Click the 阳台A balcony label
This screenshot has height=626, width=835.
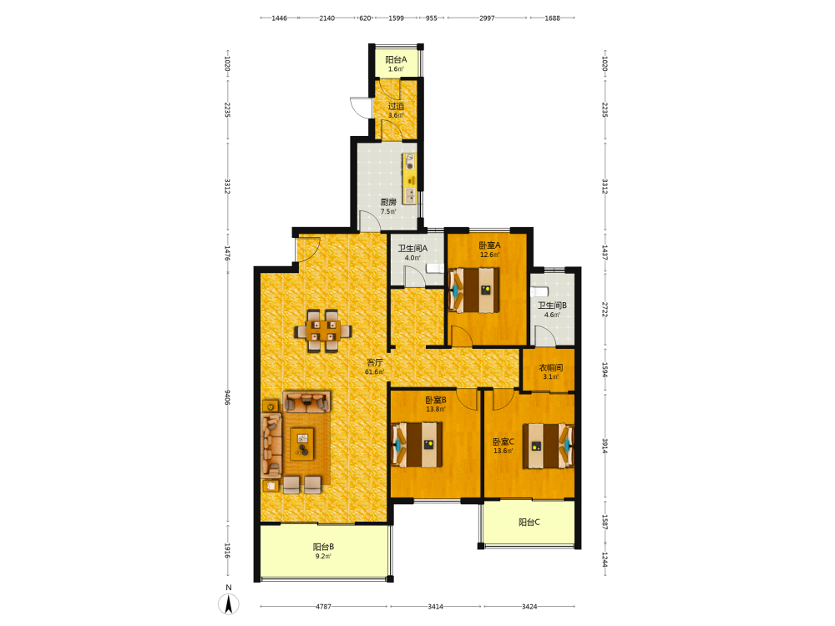point(396,59)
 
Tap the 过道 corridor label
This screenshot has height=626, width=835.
point(396,106)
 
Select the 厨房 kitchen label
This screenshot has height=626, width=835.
point(388,202)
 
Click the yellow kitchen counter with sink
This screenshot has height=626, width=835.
point(409,179)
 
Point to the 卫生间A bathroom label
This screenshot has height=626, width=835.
point(412,249)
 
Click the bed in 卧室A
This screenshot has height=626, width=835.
point(474,290)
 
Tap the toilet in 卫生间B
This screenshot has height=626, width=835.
point(540,291)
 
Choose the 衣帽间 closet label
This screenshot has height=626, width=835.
point(550,368)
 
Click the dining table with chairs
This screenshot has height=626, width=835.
point(323,331)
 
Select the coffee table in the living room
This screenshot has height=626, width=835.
point(302,445)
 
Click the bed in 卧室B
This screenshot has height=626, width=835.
point(417,445)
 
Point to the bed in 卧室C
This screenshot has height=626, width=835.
point(548,446)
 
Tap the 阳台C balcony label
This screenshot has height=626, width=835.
point(529,523)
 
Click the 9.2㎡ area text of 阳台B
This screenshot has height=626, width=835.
point(323,556)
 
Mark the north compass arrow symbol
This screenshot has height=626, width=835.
point(229,604)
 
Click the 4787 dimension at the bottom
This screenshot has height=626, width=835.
point(323,606)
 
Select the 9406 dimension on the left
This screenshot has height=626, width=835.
point(227,397)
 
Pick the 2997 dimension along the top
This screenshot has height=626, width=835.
point(487,18)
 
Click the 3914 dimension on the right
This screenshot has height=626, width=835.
point(605,446)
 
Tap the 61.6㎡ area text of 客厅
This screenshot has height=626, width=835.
point(374,372)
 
